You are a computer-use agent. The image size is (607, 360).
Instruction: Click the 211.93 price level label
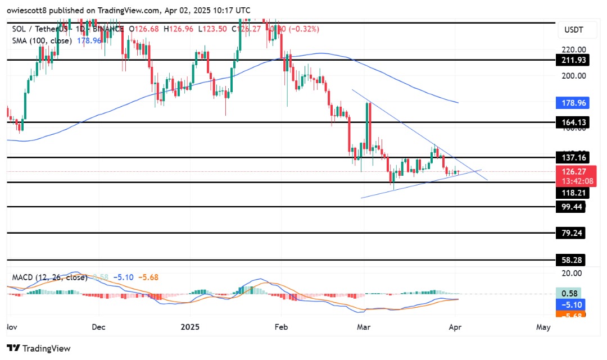(570, 60)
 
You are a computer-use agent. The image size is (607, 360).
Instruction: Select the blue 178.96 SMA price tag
(570, 104)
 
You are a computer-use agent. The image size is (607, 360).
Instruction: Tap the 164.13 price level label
(570, 122)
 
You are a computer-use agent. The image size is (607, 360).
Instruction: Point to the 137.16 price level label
(570, 158)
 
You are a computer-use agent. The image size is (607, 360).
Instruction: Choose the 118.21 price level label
(570, 192)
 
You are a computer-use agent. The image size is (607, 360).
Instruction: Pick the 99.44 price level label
(570, 207)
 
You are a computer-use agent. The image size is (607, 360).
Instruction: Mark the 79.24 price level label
(570, 233)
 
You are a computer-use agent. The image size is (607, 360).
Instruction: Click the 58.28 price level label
(570, 260)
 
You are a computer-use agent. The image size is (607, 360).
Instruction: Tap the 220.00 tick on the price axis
(570, 49)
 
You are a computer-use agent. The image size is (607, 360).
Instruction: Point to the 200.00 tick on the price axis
(570, 76)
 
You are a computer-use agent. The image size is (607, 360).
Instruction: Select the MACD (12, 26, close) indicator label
(48, 277)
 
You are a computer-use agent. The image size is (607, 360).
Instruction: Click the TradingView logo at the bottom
(39, 348)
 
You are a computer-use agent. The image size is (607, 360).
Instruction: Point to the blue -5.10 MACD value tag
(570, 304)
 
